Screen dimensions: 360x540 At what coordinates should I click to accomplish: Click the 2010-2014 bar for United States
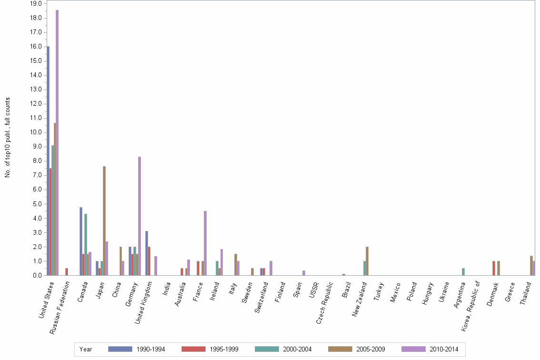pos(57,143)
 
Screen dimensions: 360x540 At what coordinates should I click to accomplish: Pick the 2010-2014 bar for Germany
pos(140,216)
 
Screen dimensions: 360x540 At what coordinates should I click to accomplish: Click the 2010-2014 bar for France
pos(205,243)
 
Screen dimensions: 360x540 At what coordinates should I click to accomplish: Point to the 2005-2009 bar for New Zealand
pos(367,261)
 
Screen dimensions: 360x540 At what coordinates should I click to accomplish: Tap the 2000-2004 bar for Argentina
pos(463,272)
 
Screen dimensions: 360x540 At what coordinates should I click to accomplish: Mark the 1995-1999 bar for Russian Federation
pos(67,272)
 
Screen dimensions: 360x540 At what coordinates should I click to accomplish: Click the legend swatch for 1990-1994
pos(120,349)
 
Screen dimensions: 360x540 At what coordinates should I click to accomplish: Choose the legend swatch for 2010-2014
pos(413,349)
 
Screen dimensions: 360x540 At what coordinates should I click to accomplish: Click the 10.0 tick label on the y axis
pos(36,132)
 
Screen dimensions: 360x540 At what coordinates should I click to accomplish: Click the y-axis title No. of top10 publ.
pos(8,138)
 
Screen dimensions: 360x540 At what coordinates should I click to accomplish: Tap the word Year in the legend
pos(86,349)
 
